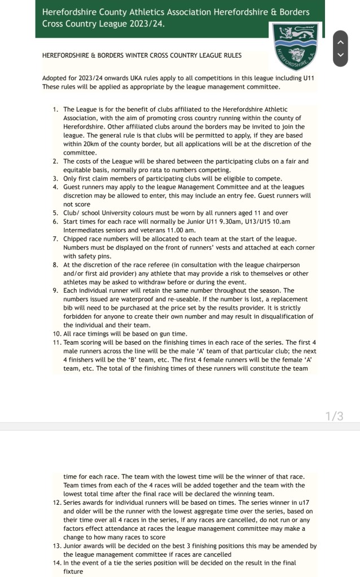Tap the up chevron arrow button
point(340,41)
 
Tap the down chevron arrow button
point(340,55)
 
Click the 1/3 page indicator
point(334,416)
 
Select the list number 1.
point(56,109)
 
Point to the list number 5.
point(56,213)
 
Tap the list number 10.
point(56,334)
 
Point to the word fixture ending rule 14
point(73,571)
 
